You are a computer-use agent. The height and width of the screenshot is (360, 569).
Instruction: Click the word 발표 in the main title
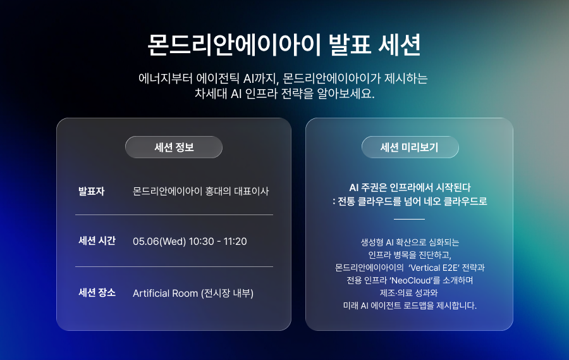click(x=348, y=45)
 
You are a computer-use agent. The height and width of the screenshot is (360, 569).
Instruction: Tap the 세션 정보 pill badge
click(x=174, y=147)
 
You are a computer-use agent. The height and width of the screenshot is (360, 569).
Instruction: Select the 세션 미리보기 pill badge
click(x=410, y=147)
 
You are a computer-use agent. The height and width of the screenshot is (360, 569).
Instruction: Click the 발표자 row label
click(x=91, y=190)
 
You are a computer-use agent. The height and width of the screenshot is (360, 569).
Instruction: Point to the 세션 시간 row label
click(x=97, y=241)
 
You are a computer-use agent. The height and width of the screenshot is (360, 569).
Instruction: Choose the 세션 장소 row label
click(x=97, y=293)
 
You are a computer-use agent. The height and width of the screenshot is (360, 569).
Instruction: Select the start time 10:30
click(x=202, y=242)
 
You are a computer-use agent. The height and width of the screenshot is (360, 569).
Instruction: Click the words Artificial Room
click(x=165, y=294)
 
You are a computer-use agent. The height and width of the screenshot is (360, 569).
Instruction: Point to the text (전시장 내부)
click(x=227, y=294)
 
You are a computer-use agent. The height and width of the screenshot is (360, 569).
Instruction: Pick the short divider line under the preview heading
click(x=410, y=219)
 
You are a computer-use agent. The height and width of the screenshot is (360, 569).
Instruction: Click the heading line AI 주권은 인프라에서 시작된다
click(x=410, y=187)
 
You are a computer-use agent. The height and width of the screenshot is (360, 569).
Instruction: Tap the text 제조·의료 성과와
click(x=409, y=293)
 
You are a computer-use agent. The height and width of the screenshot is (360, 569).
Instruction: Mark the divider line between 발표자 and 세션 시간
click(x=174, y=215)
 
